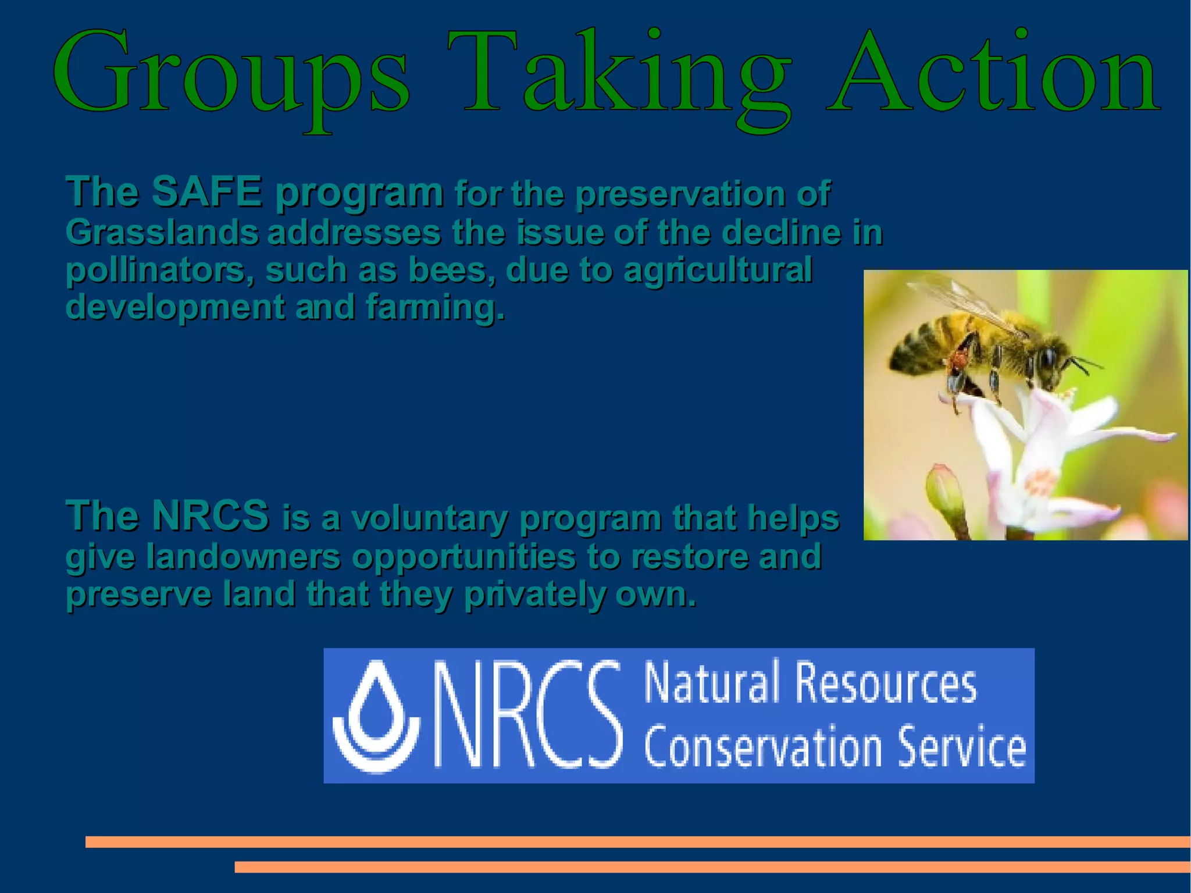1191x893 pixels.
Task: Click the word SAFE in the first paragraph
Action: [206, 191]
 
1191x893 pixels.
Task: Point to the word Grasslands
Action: [162, 232]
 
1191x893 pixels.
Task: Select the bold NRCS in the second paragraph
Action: [210, 515]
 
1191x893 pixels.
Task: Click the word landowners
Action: [243, 557]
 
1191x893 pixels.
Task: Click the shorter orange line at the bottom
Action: [712, 867]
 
